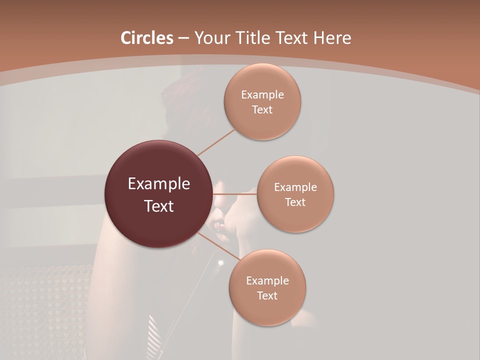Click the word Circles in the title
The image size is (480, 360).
[x=147, y=38]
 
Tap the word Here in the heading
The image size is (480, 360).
[x=332, y=38]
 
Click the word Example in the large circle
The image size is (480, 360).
[x=159, y=184]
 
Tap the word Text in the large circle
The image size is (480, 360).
[x=159, y=206]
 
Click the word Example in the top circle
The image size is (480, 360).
[x=262, y=95]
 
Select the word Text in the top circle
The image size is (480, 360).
[x=262, y=110]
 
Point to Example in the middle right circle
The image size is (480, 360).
[x=295, y=187]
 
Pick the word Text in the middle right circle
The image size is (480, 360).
[x=295, y=202]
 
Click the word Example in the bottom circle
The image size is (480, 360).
[x=267, y=281]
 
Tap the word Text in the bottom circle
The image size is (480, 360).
[x=267, y=296]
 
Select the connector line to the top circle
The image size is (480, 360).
[x=216, y=142]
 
